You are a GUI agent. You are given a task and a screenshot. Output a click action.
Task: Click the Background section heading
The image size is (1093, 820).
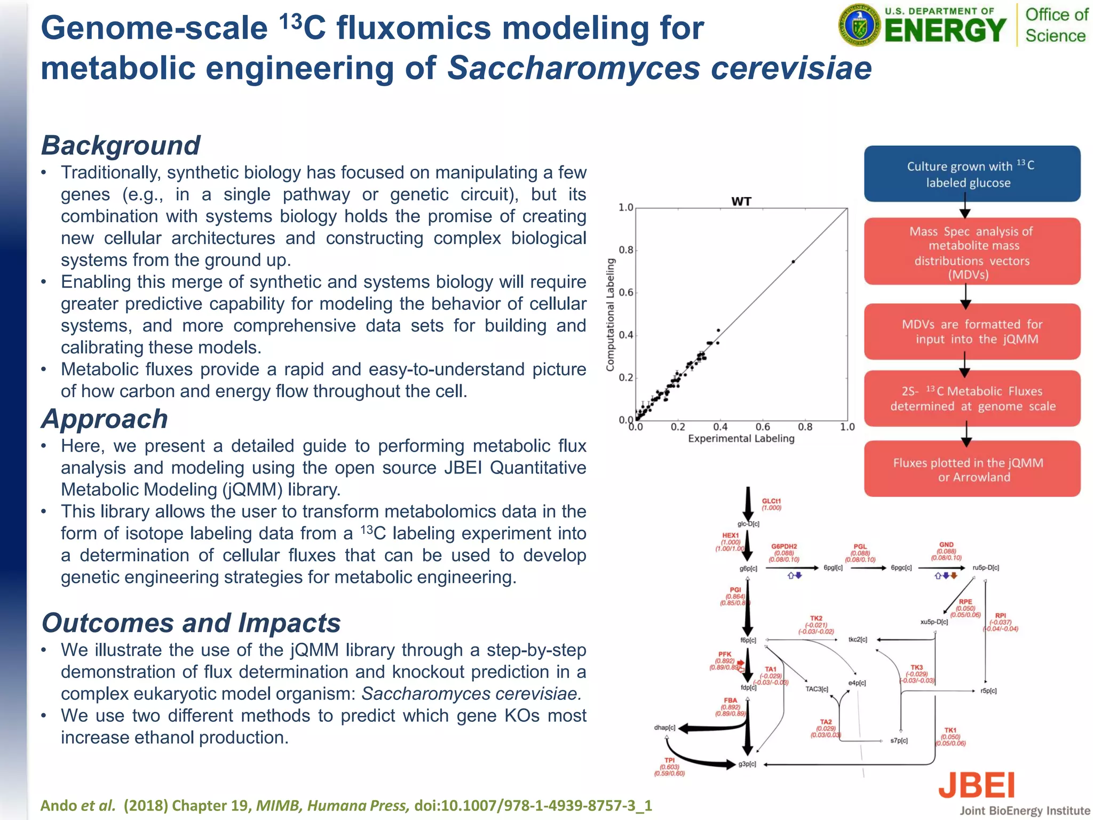(x=121, y=145)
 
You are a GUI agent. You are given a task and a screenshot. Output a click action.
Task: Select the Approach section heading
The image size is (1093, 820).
(x=105, y=419)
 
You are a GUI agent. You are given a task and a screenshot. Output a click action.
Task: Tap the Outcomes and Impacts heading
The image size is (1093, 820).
(x=191, y=623)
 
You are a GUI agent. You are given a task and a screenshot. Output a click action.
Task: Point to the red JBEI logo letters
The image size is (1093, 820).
(x=976, y=785)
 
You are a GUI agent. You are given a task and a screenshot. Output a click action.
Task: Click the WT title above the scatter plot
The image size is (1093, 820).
(x=741, y=201)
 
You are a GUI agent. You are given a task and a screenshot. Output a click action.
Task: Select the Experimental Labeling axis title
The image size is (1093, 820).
(x=741, y=439)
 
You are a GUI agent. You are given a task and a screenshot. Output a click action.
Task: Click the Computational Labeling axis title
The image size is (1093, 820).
(x=610, y=314)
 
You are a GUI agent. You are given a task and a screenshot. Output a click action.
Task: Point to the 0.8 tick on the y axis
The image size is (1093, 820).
(x=626, y=250)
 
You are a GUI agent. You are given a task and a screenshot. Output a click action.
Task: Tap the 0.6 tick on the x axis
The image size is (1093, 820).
(x=763, y=427)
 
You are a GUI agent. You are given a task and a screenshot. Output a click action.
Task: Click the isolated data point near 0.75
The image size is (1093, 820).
(x=793, y=262)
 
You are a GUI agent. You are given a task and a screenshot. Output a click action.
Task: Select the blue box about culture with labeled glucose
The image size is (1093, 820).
(x=972, y=174)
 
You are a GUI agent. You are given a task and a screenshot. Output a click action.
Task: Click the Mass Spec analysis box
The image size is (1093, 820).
(x=972, y=252)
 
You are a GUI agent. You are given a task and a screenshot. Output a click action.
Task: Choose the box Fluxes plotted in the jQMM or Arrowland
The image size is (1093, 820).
(x=972, y=469)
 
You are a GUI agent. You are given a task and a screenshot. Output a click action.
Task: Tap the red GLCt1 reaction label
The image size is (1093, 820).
(x=771, y=501)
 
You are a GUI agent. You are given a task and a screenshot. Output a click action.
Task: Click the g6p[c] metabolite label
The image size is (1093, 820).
(x=748, y=569)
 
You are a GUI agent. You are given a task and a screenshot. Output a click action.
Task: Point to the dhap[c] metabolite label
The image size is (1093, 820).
(x=664, y=728)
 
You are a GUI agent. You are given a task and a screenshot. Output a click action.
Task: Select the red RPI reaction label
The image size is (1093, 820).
(x=1000, y=616)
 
